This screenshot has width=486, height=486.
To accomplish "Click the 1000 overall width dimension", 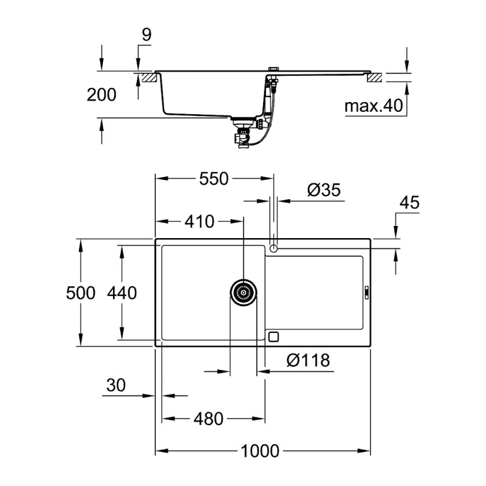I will (x=260, y=451).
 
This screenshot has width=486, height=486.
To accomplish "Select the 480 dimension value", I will (x=209, y=419).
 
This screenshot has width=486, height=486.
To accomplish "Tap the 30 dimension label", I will (x=115, y=385).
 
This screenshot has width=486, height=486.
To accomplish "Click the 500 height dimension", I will (x=80, y=293).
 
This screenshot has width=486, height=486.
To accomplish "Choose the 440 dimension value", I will (x=122, y=293).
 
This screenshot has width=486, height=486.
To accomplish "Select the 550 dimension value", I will (x=213, y=179).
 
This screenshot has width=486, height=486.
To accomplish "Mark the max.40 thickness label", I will (x=374, y=107).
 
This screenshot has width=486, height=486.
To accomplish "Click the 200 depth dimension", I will (x=101, y=94).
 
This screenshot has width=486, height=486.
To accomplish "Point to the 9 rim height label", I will (x=146, y=35).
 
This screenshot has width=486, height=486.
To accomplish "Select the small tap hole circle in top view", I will (x=273, y=248).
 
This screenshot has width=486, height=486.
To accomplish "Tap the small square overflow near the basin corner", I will (x=273, y=336).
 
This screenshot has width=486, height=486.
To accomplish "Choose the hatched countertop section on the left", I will (x=149, y=77).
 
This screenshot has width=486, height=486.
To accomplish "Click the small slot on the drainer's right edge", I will (x=366, y=293).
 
